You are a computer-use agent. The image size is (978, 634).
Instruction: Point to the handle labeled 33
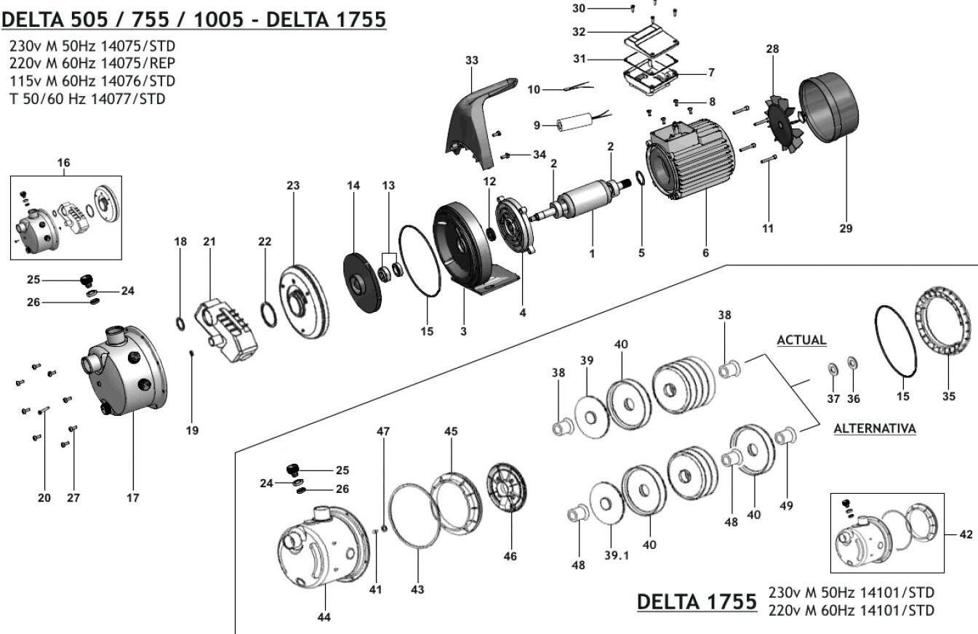coord(473,116)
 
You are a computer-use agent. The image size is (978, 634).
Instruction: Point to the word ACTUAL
coord(801,340)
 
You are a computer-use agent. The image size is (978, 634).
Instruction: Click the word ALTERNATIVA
coord(874,428)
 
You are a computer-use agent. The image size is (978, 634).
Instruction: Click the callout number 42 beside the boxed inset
coord(966,534)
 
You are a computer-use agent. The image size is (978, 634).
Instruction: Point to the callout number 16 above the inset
coord(64,163)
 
